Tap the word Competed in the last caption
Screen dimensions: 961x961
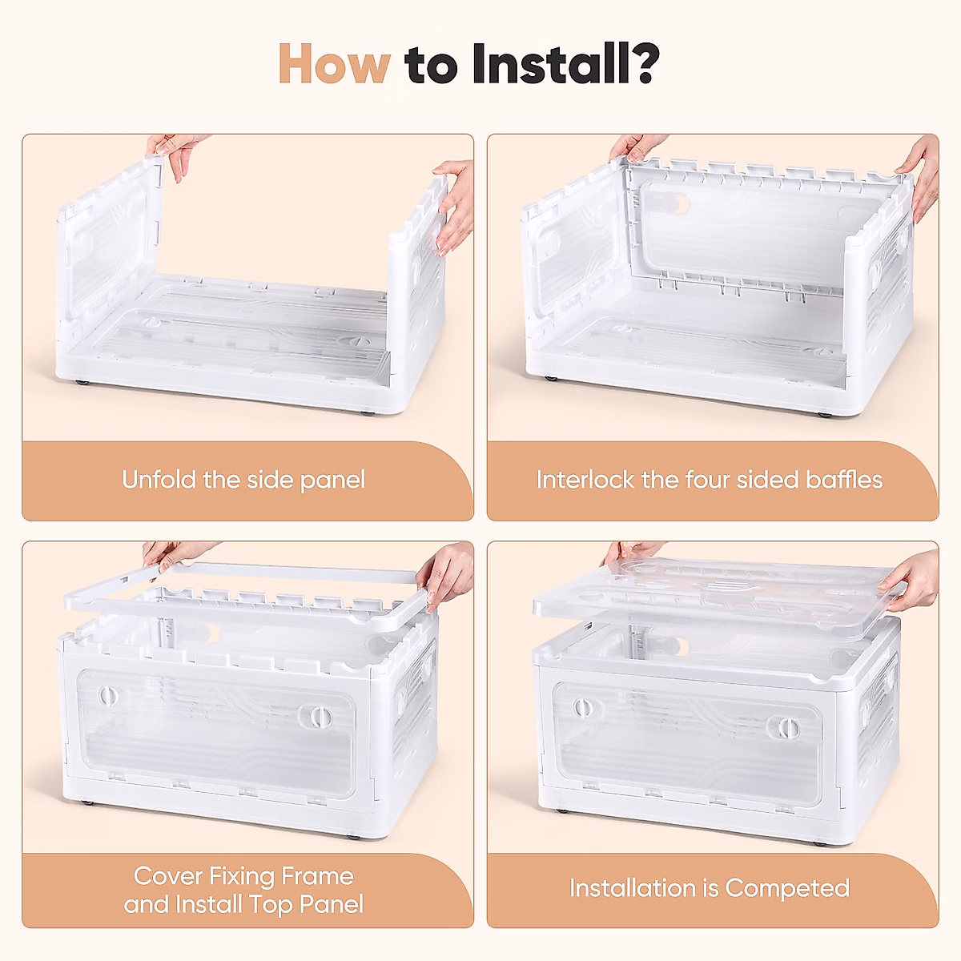click(787, 889)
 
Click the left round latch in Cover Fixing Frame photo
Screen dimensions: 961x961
click(107, 694)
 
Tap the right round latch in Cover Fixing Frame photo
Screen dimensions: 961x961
click(316, 716)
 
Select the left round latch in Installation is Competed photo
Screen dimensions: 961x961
click(581, 707)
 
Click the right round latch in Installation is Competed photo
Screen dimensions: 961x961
click(787, 728)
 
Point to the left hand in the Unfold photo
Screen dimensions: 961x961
click(175, 152)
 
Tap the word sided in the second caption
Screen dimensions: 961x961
click(761, 480)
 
